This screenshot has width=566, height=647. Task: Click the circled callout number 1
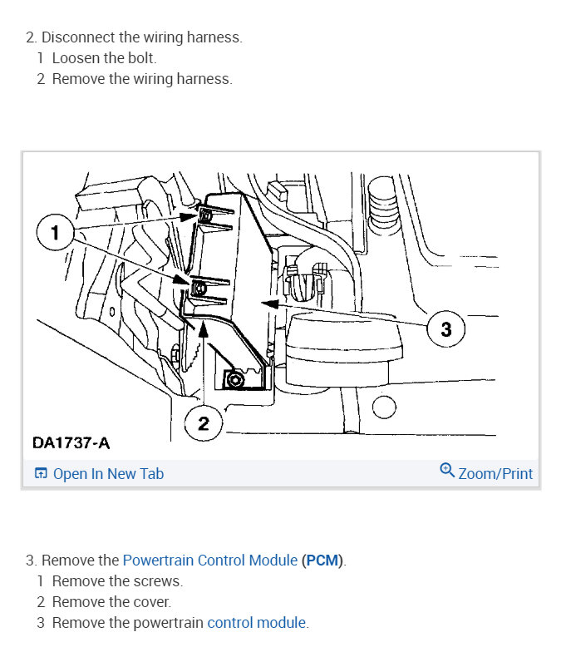point(55,232)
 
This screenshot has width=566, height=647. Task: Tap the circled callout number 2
point(204,424)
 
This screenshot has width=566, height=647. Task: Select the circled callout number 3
point(446,328)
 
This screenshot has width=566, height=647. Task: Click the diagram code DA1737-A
point(71,442)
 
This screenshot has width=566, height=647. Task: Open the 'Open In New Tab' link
point(108,474)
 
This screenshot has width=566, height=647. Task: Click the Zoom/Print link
point(495,474)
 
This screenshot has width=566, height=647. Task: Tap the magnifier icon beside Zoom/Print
point(447,471)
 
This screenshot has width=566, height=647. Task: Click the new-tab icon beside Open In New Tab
point(41,473)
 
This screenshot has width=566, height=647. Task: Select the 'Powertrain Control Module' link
point(210,560)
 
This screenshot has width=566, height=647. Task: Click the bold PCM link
point(322,561)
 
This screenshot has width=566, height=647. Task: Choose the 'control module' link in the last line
point(257,622)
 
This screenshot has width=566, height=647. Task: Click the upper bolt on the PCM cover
point(205,215)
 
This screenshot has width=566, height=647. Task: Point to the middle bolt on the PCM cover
point(199,288)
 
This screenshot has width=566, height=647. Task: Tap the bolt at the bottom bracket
point(234,379)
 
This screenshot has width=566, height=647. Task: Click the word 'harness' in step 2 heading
point(214,37)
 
